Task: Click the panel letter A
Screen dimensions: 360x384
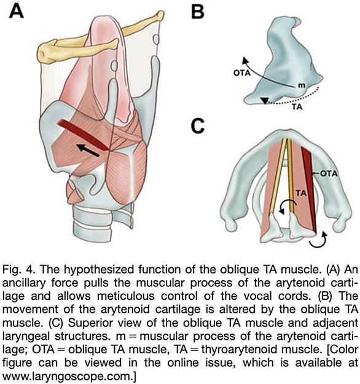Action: point(17,12)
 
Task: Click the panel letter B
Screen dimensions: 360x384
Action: point(197,12)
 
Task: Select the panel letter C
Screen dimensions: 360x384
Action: point(198,127)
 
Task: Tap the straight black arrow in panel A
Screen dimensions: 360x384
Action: point(88,151)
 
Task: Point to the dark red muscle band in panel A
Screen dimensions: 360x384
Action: point(83,135)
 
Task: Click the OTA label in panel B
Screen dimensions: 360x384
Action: point(242,72)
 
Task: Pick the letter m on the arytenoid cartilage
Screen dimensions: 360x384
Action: point(302,85)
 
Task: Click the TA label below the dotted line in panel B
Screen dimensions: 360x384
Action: point(297,107)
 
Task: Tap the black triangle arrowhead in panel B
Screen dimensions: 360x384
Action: point(265,101)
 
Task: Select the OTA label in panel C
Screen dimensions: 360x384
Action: point(329,174)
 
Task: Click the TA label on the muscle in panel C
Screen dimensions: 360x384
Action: point(301,193)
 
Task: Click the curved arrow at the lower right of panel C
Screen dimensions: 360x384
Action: point(318,240)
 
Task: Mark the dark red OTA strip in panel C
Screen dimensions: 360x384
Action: point(309,191)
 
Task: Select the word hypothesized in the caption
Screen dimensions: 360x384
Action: point(99,270)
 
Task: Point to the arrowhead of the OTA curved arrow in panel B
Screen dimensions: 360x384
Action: point(245,60)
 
